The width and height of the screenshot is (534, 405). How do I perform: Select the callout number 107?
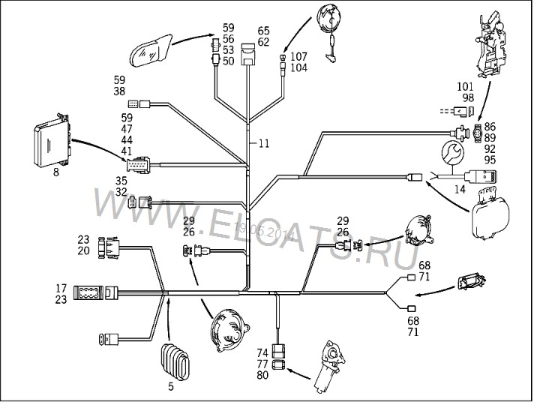[x=298, y=56]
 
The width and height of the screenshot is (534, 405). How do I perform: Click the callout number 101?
[x=466, y=87]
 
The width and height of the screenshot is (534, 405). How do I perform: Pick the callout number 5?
[x=171, y=387]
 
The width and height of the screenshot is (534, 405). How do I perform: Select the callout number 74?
[x=262, y=351]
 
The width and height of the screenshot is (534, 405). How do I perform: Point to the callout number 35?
[x=121, y=180]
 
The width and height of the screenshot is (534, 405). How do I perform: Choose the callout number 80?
[x=262, y=376]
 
